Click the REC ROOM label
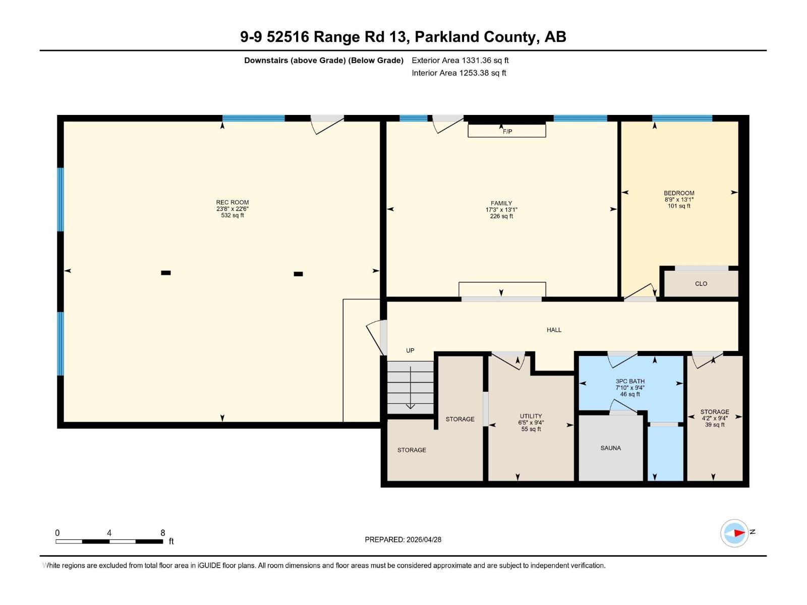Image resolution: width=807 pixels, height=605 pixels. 233,202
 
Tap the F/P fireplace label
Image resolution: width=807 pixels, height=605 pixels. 507,132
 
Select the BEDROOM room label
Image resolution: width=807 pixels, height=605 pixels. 679,193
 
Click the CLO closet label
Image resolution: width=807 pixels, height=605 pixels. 701,284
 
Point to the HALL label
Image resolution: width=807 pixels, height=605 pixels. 554,330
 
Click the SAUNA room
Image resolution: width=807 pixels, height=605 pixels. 610,448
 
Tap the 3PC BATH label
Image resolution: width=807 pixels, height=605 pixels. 630,381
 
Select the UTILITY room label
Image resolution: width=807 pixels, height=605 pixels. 531,416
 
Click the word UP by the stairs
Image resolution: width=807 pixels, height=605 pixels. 410,350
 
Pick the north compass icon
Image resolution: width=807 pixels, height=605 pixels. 734,533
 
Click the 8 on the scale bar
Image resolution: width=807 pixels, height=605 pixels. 162,533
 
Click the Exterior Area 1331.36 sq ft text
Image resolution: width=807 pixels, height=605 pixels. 460,60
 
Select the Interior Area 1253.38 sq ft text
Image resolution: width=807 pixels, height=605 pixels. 458,73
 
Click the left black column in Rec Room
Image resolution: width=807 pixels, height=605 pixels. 166,273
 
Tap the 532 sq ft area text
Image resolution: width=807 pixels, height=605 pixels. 233,215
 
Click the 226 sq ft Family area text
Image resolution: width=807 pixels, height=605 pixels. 501,216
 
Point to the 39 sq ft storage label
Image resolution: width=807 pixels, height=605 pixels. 715,425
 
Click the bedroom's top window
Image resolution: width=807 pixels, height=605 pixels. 682,118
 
